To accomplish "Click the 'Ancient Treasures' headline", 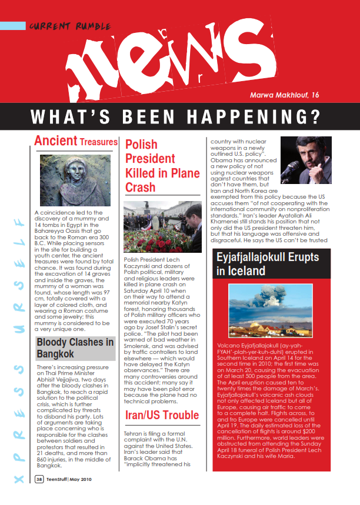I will pos(76,141).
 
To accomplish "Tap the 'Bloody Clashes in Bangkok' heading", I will pos(75,348).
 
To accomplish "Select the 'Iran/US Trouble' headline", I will pos(162,416).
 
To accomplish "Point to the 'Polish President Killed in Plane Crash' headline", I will pos(162,166).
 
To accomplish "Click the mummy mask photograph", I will pos(75,179).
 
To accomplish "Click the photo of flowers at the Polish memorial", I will pos(162,228).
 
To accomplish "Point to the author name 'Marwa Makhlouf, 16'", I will pos(285,95).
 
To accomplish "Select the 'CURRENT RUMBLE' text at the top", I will pos(58,25).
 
